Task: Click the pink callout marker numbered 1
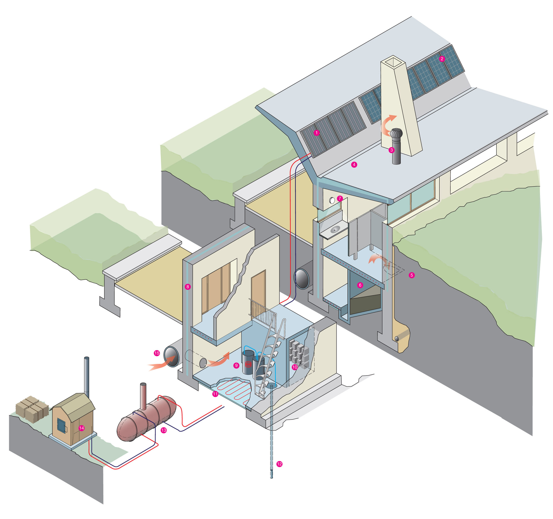pyautogui.click(x=316, y=133)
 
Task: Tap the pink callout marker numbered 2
pyautogui.click(x=442, y=59)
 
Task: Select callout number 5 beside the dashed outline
pyautogui.click(x=412, y=275)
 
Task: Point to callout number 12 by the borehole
pyautogui.click(x=279, y=464)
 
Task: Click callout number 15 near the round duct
pyautogui.click(x=157, y=353)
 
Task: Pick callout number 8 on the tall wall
pyautogui.click(x=188, y=287)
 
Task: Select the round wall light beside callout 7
pyautogui.click(x=332, y=200)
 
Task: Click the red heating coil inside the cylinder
pyautogui.click(x=248, y=364)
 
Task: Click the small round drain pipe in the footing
pyautogui.click(x=396, y=339)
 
